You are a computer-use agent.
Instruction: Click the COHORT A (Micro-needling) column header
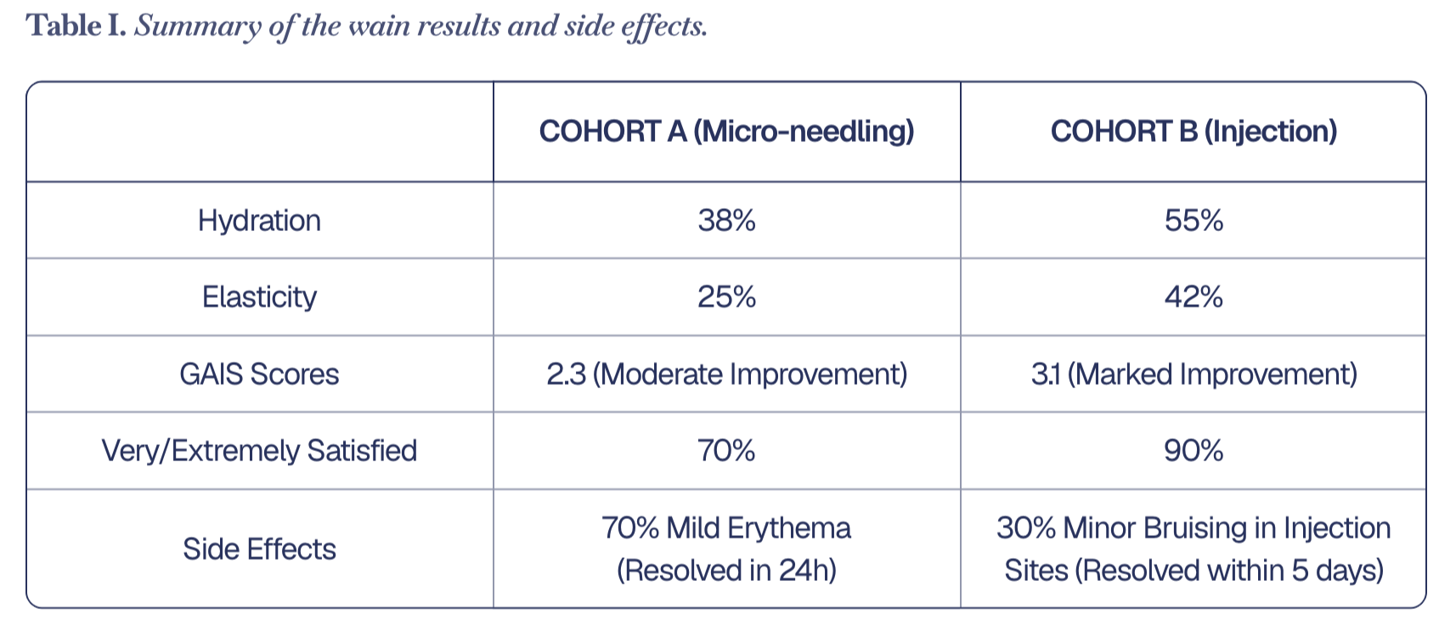(x=726, y=132)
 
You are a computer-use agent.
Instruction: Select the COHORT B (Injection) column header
(x=1194, y=132)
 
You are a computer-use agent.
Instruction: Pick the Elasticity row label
(x=259, y=297)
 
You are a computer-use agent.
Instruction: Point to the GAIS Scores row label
(x=259, y=374)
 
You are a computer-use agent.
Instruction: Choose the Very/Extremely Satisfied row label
(x=259, y=450)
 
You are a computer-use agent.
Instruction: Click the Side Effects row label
(x=259, y=550)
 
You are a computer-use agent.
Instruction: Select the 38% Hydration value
(x=726, y=220)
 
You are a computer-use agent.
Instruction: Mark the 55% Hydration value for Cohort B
(x=1194, y=220)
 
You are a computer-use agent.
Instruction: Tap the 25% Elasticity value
(x=726, y=296)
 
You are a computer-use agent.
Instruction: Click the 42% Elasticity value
(x=1194, y=296)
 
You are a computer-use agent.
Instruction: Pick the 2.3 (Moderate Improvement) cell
(x=726, y=374)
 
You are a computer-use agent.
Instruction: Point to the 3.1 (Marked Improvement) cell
(x=1194, y=374)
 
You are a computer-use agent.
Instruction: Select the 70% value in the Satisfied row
(x=726, y=450)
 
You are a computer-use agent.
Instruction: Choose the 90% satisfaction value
(x=1194, y=450)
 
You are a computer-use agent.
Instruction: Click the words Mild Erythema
(x=759, y=529)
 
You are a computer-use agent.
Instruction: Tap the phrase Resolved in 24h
(x=726, y=571)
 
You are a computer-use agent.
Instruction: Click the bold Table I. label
(x=76, y=25)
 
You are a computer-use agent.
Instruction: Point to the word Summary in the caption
(x=198, y=27)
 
